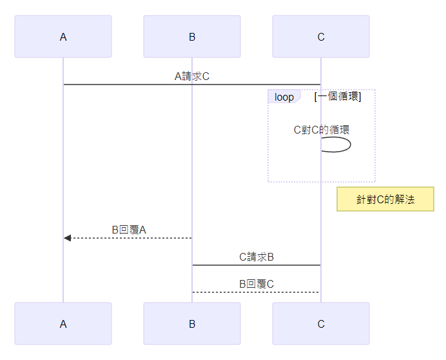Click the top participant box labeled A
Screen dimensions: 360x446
[63, 37]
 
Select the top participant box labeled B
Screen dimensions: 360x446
[192, 37]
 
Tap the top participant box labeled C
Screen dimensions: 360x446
[321, 37]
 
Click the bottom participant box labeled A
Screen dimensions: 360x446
[63, 324]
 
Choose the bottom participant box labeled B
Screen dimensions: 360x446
[192, 324]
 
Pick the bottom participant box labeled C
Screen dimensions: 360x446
[321, 324]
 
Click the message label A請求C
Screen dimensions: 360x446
[192, 76]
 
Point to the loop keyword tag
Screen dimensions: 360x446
[284, 97]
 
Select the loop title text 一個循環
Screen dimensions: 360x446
[337, 97]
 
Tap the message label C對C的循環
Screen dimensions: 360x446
[321, 129]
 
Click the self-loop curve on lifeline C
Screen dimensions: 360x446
[349, 145]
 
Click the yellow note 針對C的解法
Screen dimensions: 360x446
[385, 200]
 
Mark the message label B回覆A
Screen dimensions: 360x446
[129, 230]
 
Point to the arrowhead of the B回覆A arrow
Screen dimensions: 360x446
[67, 238]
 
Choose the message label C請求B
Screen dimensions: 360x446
[257, 257]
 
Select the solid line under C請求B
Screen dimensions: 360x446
[257, 265]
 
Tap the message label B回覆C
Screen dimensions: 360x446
[257, 284]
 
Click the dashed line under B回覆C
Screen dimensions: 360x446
[257, 292]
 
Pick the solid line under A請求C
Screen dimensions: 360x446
[192, 85]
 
